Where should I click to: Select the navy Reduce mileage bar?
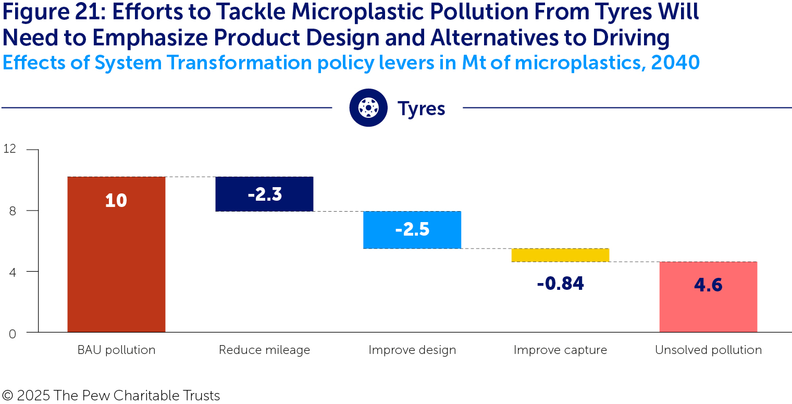coord(264,194)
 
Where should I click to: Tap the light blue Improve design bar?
coord(412,229)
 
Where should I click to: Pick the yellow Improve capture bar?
coord(560,255)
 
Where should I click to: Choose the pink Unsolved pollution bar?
coord(708,297)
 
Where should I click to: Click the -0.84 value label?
coord(560,284)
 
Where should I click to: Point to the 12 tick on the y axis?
coord(10,149)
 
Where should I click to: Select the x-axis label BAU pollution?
coord(116,350)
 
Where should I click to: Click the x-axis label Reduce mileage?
coord(264,350)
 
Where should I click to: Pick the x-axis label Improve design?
coord(412,350)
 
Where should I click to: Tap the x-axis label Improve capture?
coord(560,350)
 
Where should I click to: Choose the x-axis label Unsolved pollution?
coord(708,350)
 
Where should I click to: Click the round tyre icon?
coord(368,108)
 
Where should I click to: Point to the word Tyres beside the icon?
coord(421,108)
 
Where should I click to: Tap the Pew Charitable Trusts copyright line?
coord(111,395)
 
